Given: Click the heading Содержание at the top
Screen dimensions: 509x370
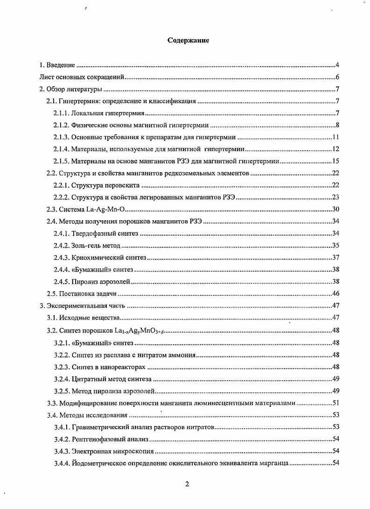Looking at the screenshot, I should pyautogui.click(x=188, y=41).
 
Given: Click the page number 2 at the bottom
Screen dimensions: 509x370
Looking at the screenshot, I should pyautogui.click(x=187, y=484).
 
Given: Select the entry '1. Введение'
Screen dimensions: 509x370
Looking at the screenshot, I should pyautogui.click(x=57, y=65).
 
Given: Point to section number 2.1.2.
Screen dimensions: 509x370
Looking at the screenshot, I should pyautogui.click(x=61, y=125).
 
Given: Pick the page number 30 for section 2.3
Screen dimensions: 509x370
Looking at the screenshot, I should pyautogui.click(x=335, y=209).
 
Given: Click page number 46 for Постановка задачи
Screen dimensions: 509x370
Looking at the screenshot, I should pyautogui.click(x=335, y=293).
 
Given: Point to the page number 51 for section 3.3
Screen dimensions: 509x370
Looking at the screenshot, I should pyautogui.click(x=335, y=403).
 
